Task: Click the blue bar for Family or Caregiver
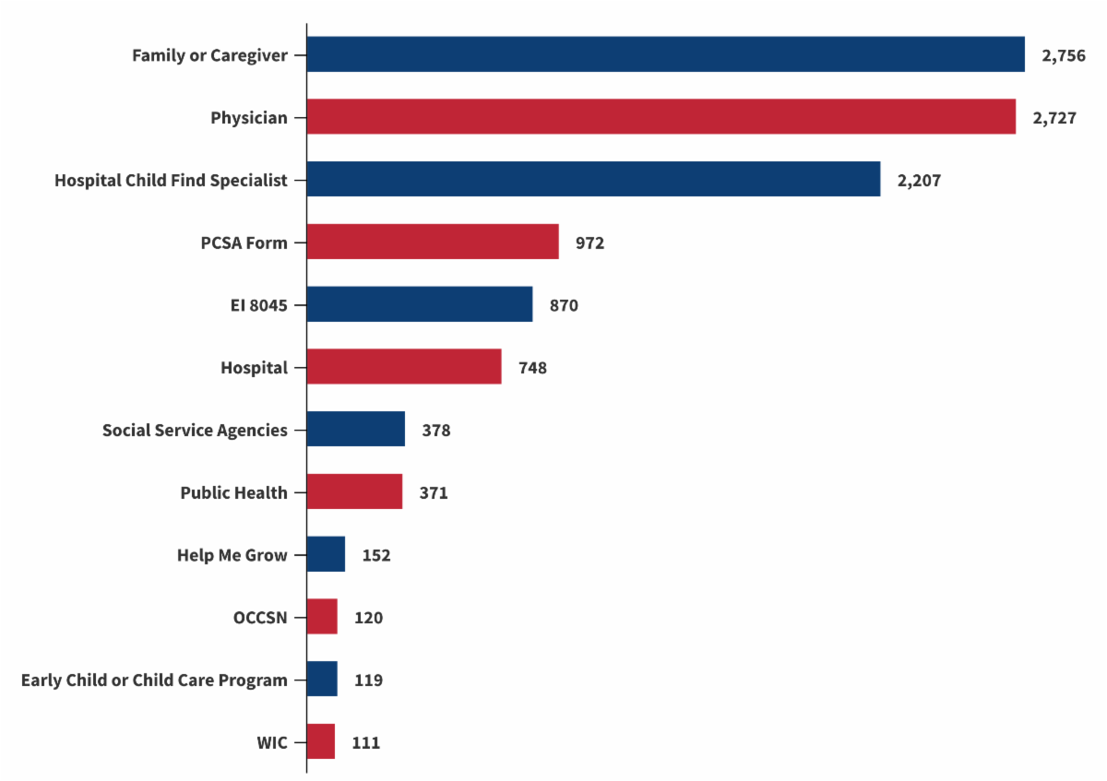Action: pyautogui.click(x=665, y=54)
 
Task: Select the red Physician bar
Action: pyautogui.click(x=661, y=117)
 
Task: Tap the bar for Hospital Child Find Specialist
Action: pyautogui.click(x=593, y=180)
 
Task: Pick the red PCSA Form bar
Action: pyautogui.click(x=433, y=243)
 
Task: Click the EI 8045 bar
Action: pyautogui.click(x=420, y=304)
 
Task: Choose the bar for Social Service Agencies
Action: pyautogui.click(x=356, y=430)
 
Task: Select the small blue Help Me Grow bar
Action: pyautogui.click(x=326, y=555)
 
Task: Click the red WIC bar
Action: pyautogui.click(x=321, y=742)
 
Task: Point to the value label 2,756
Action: pyautogui.click(x=1063, y=55)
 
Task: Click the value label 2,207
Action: pyautogui.click(x=919, y=181)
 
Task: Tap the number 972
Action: pyautogui.click(x=589, y=243)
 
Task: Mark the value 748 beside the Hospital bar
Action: pyautogui.click(x=532, y=368)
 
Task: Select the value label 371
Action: pyautogui.click(x=434, y=493)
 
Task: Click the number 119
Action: pyautogui.click(x=368, y=680)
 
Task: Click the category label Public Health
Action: pyautogui.click(x=233, y=493)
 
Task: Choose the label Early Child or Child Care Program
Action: pyautogui.click(x=154, y=680)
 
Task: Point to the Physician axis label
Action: pyautogui.click(x=249, y=118)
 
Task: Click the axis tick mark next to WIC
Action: pyautogui.click(x=299, y=742)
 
